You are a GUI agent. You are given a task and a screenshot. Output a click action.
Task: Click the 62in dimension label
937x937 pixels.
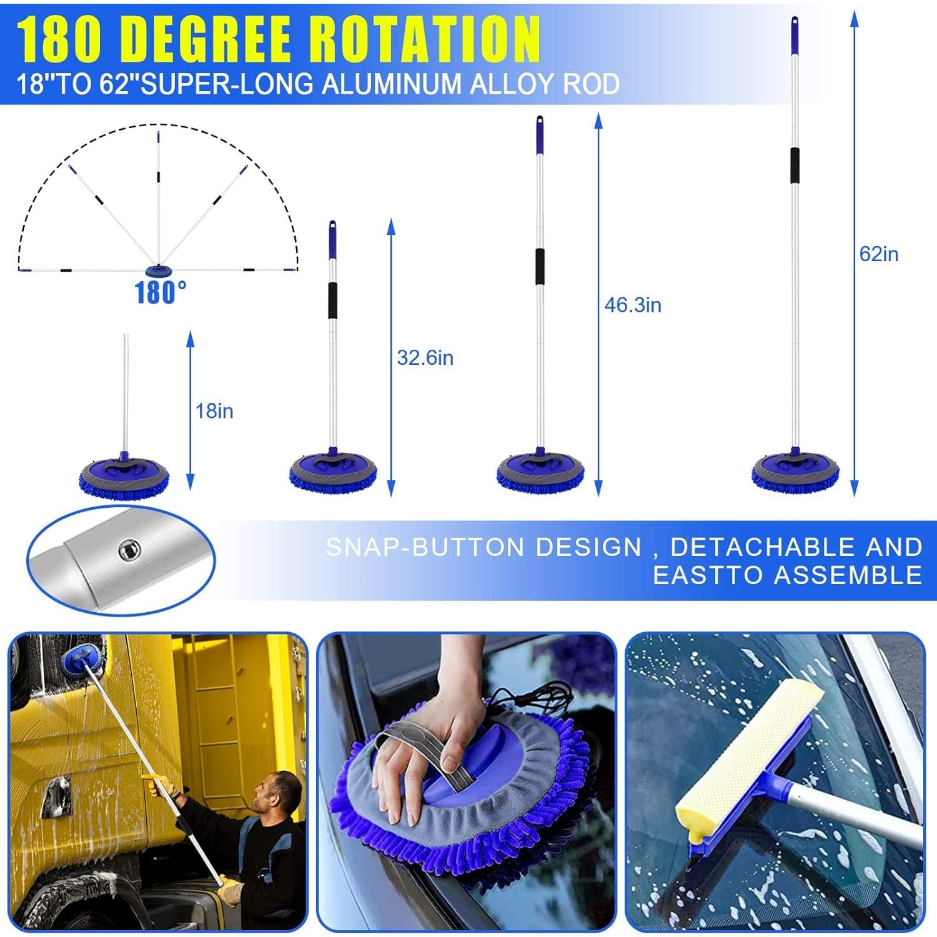point(878,254)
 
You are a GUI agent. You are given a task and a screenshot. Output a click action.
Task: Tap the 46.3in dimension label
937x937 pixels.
point(632,305)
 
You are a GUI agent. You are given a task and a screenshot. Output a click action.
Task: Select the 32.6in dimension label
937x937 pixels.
point(425,358)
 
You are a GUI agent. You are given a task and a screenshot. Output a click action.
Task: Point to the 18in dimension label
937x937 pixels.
point(214,411)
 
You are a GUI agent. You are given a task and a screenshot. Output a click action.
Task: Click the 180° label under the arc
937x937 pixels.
point(161,292)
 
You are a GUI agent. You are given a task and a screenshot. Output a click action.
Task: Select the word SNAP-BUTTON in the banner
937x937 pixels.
point(425,547)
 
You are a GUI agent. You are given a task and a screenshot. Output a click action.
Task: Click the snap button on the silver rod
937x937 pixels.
point(129,550)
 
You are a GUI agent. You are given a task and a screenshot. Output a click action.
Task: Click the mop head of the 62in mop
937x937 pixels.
point(795,472)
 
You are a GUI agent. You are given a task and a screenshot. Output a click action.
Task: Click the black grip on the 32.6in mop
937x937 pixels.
point(333,300)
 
